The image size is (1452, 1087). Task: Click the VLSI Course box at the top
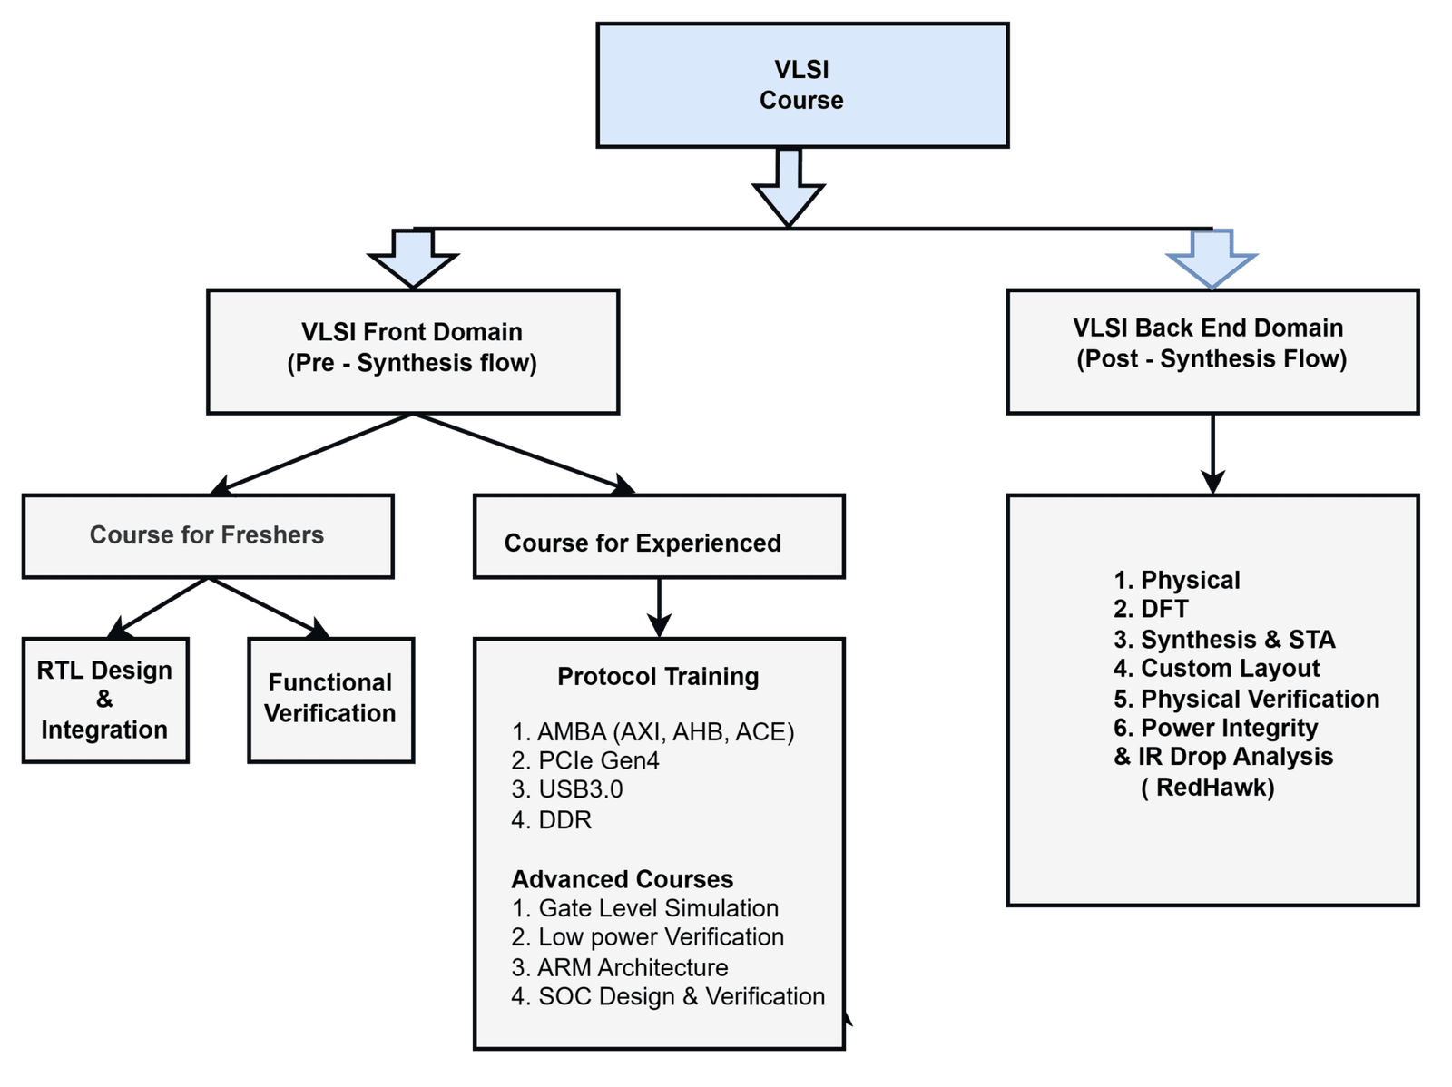click(x=801, y=85)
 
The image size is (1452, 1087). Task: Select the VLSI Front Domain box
click(x=413, y=351)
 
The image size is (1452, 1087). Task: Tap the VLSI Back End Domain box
click(x=1212, y=350)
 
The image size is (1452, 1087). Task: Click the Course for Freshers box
click(x=208, y=535)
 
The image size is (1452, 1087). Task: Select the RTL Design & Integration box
click(x=104, y=700)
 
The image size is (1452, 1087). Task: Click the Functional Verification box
click(x=330, y=699)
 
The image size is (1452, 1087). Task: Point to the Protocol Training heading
click(x=658, y=677)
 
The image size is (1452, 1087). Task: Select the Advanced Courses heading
click(x=623, y=879)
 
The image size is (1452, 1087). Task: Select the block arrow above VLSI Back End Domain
click(x=1212, y=259)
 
